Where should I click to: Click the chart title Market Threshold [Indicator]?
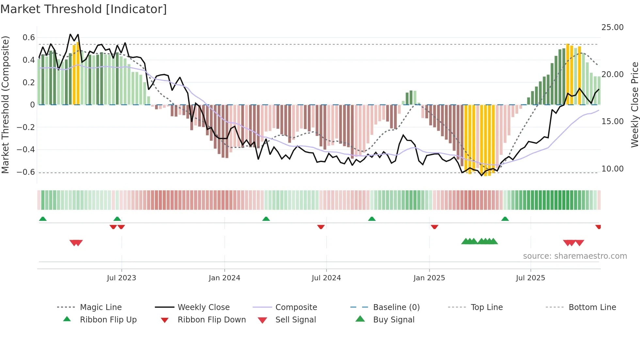(x=84, y=9)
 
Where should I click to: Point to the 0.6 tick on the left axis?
(x=29, y=38)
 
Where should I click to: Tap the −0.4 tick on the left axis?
(x=26, y=150)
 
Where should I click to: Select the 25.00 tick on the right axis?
(x=612, y=27)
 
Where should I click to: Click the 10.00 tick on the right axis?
(x=612, y=169)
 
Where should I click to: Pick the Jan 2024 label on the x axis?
(x=224, y=278)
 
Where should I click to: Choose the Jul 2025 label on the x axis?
(x=530, y=278)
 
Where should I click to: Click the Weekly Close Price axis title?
(x=634, y=105)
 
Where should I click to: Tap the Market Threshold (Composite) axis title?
(x=5, y=105)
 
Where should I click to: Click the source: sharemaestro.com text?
(x=575, y=256)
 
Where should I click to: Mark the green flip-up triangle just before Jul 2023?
(x=117, y=219)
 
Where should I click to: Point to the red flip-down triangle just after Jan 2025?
(x=434, y=227)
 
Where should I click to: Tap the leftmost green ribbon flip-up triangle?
(x=43, y=219)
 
